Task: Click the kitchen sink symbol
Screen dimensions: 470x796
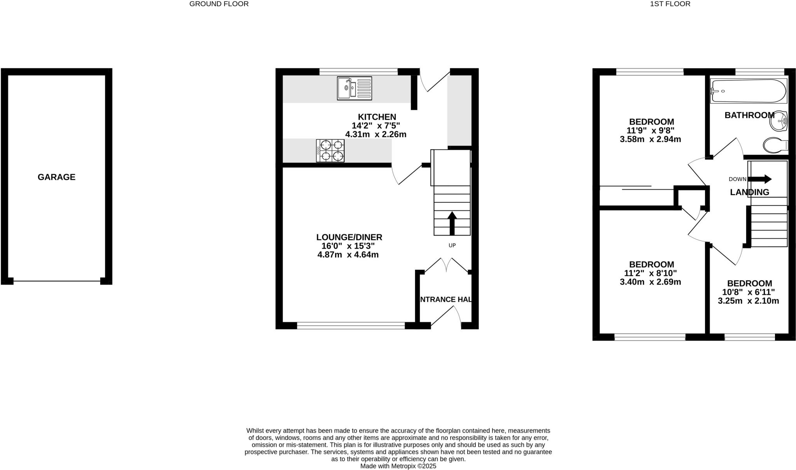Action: click(354, 88)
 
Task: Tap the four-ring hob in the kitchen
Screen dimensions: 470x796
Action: click(330, 151)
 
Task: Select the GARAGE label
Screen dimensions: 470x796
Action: click(56, 177)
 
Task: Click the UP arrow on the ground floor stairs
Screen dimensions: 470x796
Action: click(452, 223)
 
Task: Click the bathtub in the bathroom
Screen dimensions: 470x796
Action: click(748, 91)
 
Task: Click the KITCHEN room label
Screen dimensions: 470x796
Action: click(377, 117)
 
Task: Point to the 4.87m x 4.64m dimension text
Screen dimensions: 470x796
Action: click(348, 255)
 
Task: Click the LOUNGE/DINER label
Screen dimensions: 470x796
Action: click(349, 237)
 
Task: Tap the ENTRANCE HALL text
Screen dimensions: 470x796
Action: click(446, 300)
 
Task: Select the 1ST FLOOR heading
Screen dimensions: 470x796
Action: click(676, 4)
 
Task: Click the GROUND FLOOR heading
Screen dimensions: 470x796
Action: click(219, 4)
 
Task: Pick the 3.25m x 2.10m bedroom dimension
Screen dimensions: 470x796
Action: click(748, 301)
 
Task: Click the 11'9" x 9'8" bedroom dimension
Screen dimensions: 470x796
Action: click(650, 130)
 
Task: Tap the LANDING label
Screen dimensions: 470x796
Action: click(749, 192)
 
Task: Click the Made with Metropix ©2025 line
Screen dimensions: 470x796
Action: click(398, 466)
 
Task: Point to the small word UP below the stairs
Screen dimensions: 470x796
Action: click(452, 245)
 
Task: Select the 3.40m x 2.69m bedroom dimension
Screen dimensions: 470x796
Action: click(650, 282)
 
